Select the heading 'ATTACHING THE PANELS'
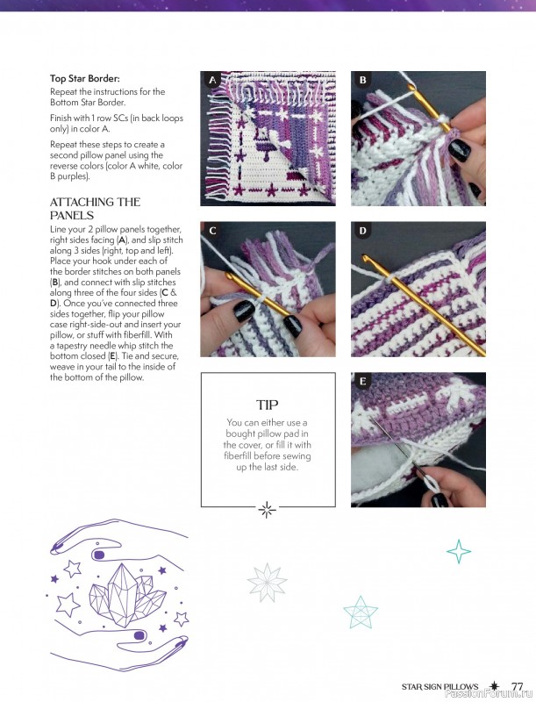click(95, 208)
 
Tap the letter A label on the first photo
click(211, 80)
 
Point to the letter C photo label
click(211, 231)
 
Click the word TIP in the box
click(267, 405)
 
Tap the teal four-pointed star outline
click(459, 550)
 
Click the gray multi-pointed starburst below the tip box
click(268, 582)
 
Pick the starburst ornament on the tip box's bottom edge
click(268, 508)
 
